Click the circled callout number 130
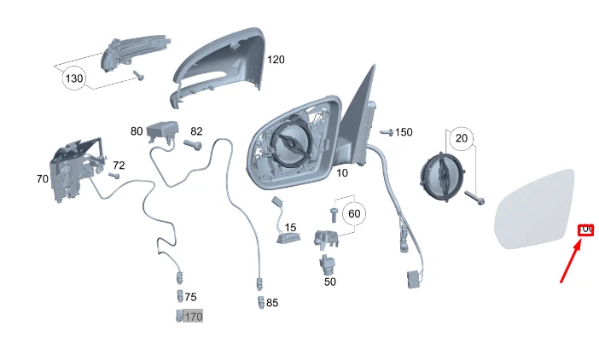[x=74, y=79]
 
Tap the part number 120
[x=276, y=60]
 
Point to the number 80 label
[x=137, y=131]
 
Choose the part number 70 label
[x=42, y=179]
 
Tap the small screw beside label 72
[x=113, y=176]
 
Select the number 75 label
[x=190, y=297]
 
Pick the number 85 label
[x=272, y=302]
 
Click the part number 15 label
[x=290, y=228]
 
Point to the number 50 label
[x=330, y=281]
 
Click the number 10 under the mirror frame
[x=341, y=172]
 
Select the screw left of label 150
[x=385, y=133]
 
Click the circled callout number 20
[x=462, y=138]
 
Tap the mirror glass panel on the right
[x=538, y=209]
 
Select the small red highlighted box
[x=586, y=229]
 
